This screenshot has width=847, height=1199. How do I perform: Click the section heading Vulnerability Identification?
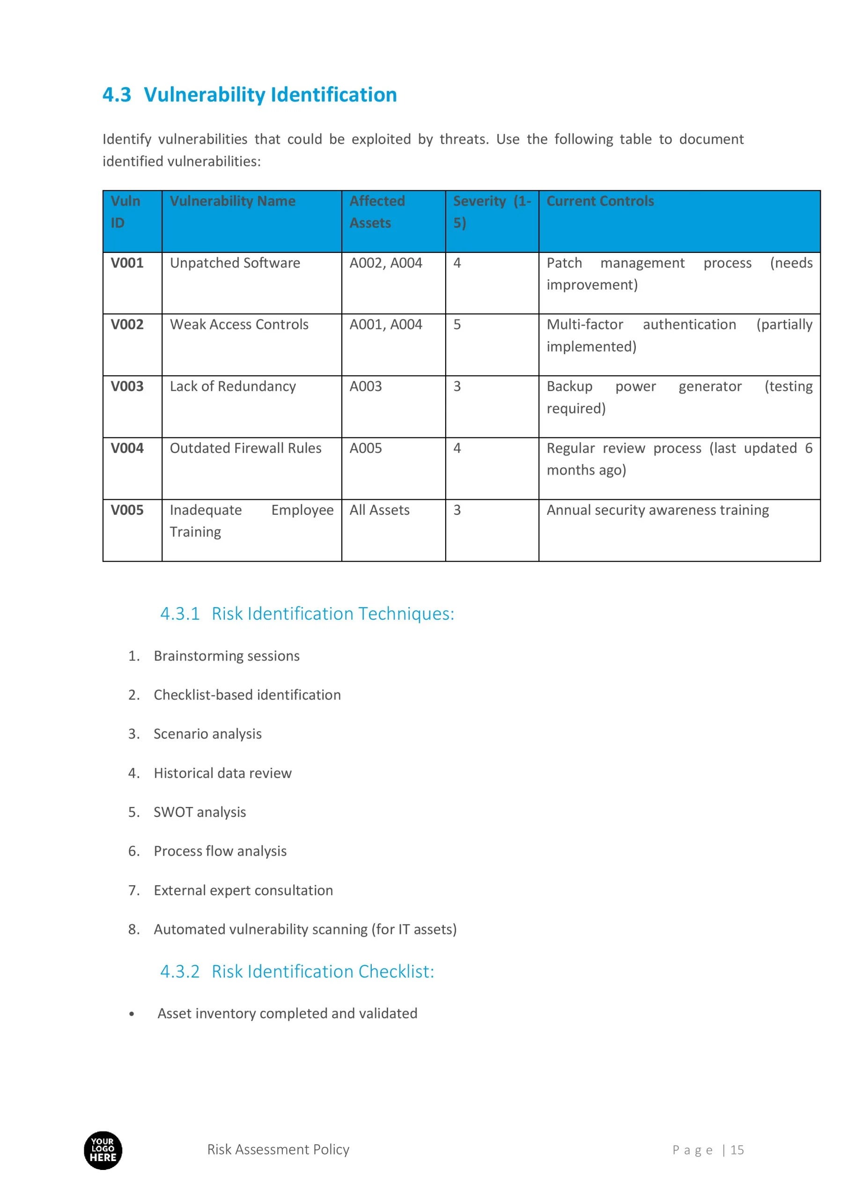[250, 95]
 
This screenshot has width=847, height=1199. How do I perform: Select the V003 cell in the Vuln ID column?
[127, 386]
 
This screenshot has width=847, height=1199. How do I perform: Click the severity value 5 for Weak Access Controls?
[457, 325]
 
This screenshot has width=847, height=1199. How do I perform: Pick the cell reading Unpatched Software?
[235, 263]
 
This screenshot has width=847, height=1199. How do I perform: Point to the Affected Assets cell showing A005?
[366, 449]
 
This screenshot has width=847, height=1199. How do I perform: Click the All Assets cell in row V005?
[380, 510]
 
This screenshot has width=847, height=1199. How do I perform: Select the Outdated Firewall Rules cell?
[245, 449]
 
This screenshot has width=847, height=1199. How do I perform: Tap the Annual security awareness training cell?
[657, 510]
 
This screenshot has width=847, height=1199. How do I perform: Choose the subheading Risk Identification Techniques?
[307, 614]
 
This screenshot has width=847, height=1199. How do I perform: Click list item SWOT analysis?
[199, 812]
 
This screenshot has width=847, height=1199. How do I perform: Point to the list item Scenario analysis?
[207, 734]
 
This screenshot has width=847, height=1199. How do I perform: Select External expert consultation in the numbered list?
[243, 890]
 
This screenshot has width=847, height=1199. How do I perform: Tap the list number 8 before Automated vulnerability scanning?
[134, 930]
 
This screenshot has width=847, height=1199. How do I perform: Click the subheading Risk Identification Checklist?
[296, 971]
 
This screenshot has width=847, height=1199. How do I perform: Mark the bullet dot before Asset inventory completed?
[132, 1014]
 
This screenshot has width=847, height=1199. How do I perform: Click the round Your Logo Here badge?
[103, 1150]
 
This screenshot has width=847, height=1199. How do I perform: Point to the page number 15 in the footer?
[737, 1150]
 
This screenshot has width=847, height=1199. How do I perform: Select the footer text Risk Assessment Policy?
[278, 1149]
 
